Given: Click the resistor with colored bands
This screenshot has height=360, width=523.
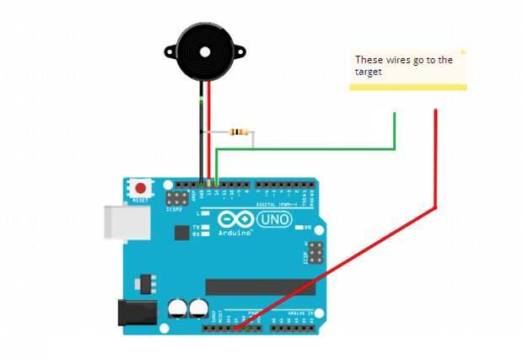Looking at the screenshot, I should coord(240,132).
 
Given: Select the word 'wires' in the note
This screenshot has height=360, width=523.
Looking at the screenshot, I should coord(391,60).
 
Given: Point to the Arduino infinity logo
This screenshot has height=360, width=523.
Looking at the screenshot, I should coord(234,218).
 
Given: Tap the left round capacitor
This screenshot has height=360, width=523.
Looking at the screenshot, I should coord(178,309).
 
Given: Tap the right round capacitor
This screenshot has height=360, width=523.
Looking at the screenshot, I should coord(199,309).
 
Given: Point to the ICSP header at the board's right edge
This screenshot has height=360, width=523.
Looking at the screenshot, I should coord(315,252).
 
